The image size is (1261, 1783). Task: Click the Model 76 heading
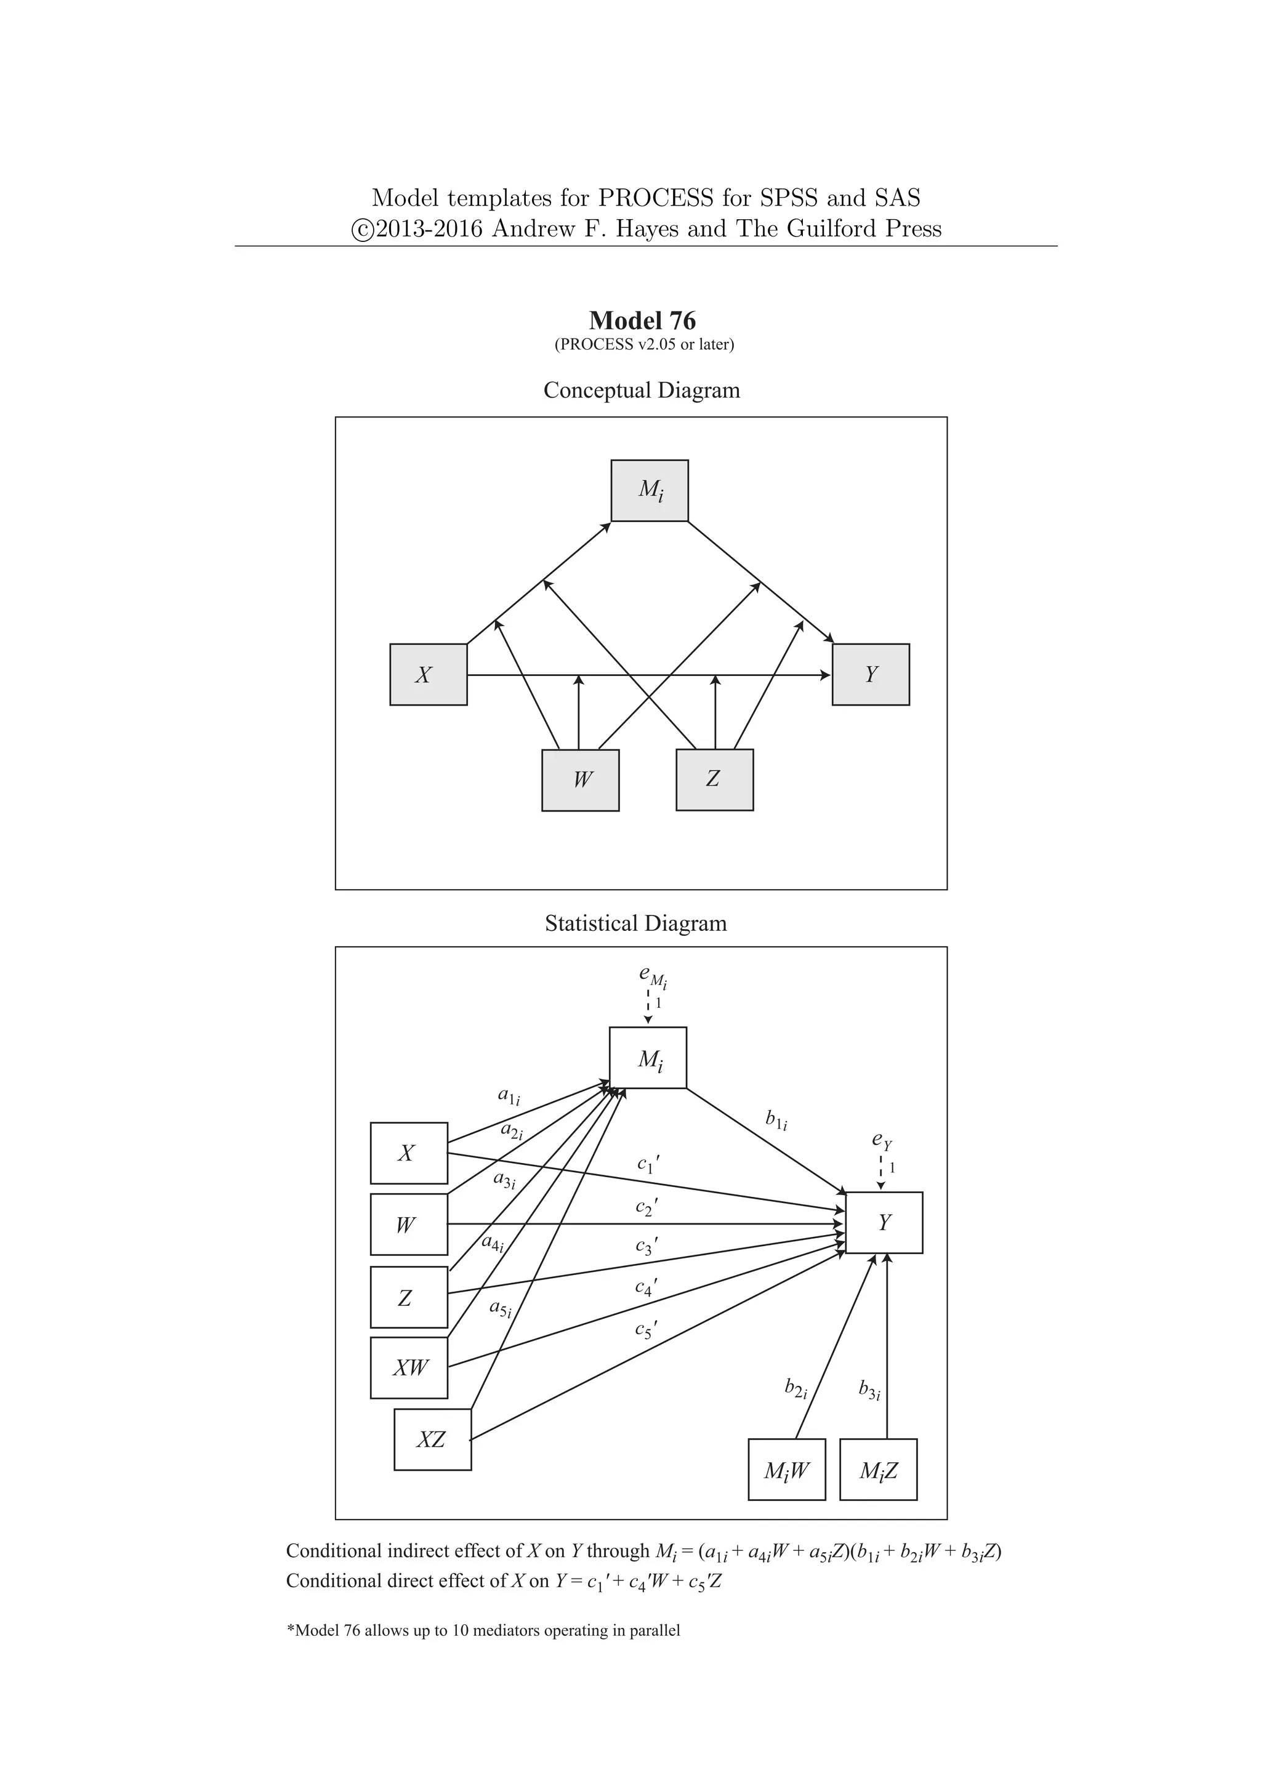click(642, 320)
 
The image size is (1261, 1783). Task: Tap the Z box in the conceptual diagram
click(714, 779)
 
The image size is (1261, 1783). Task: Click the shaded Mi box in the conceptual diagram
click(649, 490)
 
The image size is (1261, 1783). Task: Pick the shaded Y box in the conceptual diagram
click(871, 674)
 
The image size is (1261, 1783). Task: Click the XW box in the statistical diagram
click(409, 1367)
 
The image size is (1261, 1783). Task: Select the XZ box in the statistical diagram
click(432, 1439)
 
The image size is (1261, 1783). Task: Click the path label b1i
click(776, 1120)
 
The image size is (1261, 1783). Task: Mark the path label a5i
click(500, 1308)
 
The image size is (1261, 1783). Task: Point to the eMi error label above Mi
click(652, 976)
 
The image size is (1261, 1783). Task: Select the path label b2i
click(795, 1388)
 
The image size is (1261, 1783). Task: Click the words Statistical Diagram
click(635, 924)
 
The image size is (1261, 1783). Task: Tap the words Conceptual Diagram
click(642, 390)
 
